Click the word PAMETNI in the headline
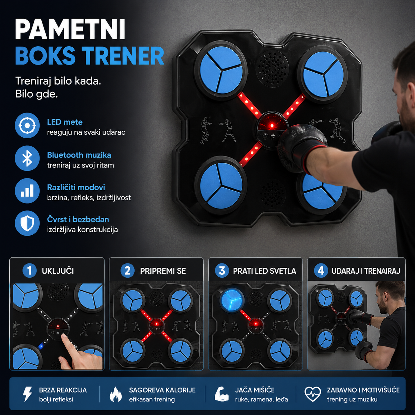coord(70,29)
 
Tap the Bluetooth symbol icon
coord(27,158)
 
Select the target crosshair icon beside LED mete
coord(27,125)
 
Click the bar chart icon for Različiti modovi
coord(27,191)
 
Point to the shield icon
coord(27,223)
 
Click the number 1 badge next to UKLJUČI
coord(29,271)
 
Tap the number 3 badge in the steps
coord(222,271)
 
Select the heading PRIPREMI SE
coord(163,271)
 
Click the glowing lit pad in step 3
coord(232,300)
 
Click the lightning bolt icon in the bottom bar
coord(28,394)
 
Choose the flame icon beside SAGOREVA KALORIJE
coord(115,394)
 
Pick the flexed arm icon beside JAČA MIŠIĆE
coord(222,394)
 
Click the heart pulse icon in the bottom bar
coord(313,394)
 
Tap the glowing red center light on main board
coord(272,125)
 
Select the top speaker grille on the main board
coord(272,69)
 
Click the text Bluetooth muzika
coord(79,155)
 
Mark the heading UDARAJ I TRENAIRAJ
coord(366,271)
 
